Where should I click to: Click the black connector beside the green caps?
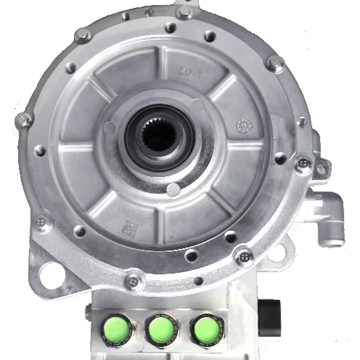(x=269, y=317)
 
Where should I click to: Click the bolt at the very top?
(x=184, y=12)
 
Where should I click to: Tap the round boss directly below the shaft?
(x=173, y=189)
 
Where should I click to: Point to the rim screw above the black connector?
(x=245, y=257)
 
